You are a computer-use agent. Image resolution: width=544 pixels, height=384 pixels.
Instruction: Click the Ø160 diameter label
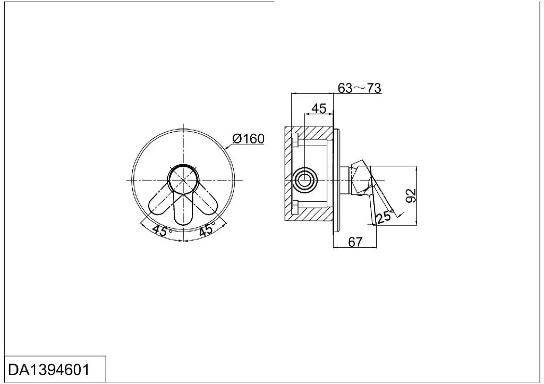click(x=248, y=139)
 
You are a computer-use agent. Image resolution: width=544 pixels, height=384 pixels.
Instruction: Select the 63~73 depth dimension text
click(x=360, y=88)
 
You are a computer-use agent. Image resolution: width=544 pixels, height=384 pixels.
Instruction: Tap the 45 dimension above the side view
click(x=318, y=108)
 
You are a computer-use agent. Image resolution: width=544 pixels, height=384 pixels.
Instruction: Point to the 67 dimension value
click(x=355, y=242)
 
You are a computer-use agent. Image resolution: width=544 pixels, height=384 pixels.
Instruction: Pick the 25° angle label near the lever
click(x=384, y=216)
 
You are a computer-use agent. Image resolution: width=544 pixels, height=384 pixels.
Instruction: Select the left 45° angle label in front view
click(x=161, y=231)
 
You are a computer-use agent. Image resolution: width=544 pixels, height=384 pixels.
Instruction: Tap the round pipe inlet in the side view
click(x=305, y=181)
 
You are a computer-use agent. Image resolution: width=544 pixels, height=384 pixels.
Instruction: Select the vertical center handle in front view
click(x=183, y=210)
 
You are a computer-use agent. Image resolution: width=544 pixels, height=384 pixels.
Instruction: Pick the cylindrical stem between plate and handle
click(x=344, y=181)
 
